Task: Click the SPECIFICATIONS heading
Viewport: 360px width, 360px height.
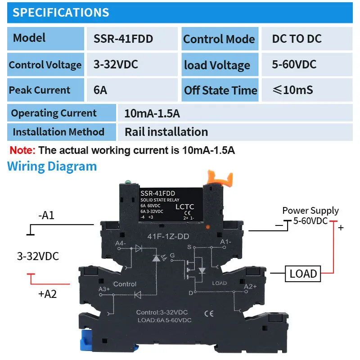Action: coord(61,12)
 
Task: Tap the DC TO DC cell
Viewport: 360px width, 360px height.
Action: coord(297,39)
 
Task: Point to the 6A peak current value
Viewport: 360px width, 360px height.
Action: coord(100,90)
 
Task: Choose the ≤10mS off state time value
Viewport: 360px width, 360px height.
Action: coord(293,90)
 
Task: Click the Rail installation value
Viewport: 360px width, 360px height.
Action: coord(166,132)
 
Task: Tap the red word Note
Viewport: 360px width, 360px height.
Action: coord(22,150)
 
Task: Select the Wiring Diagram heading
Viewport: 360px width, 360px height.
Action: coord(52,166)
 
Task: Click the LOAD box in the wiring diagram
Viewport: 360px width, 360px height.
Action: coord(303,273)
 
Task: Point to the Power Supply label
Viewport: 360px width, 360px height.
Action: coord(310,211)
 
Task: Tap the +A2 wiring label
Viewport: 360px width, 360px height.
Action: coord(47,295)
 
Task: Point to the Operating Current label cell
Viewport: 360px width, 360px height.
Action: coord(54,113)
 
